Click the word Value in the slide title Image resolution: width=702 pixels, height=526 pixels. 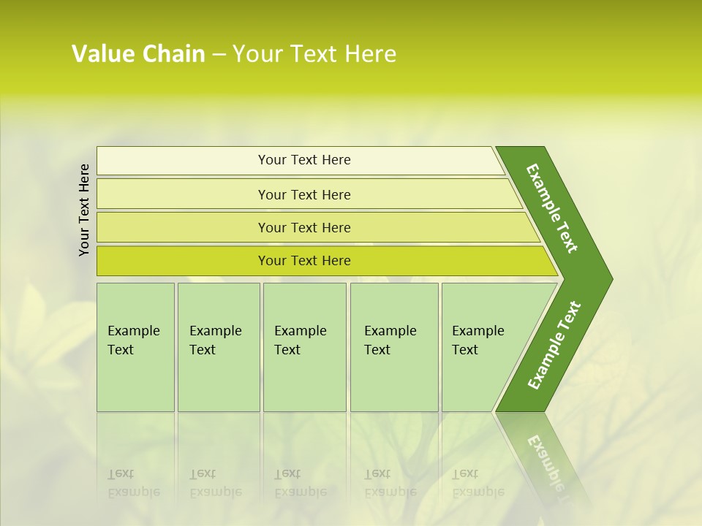pyautogui.click(x=101, y=54)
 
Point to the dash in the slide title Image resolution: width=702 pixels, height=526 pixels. pyautogui.click(x=219, y=55)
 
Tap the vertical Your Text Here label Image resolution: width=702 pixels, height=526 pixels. pyautogui.click(x=84, y=210)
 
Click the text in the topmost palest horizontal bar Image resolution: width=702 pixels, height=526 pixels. pyautogui.click(x=304, y=160)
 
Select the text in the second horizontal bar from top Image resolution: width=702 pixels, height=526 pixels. pyautogui.click(x=304, y=195)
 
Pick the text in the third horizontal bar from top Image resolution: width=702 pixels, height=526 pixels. pyautogui.click(x=304, y=228)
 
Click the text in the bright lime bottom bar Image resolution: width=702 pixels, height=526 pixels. pyautogui.click(x=304, y=261)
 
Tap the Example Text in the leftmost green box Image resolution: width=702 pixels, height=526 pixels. pyautogui.click(x=133, y=340)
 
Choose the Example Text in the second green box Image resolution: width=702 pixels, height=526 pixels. pyautogui.click(x=215, y=340)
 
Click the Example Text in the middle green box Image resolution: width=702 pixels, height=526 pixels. pyautogui.click(x=300, y=340)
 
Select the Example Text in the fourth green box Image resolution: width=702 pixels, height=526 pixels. pyautogui.click(x=390, y=340)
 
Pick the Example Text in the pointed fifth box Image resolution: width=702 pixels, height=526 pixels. pyautogui.click(x=478, y=340)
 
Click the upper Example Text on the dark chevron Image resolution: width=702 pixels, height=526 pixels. pyautogui.click(x=552, y=208)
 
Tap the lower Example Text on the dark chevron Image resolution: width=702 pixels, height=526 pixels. pyautogui.click(x=554, y=346)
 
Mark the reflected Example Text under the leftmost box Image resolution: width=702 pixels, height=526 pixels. pyautogui.click(x=133, y=483)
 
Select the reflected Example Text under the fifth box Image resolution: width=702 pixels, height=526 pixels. pyautogui.click(x=478, y=483)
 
